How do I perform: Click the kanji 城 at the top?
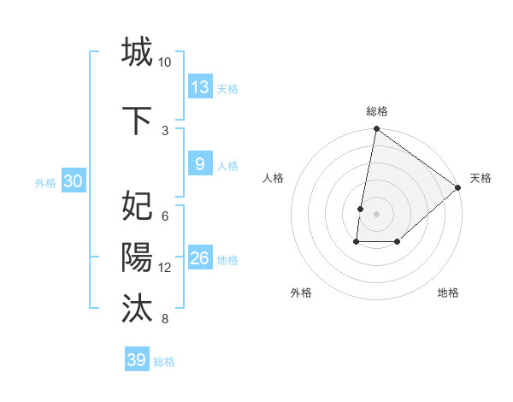click(137, 52)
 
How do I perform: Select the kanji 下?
click(137, 120)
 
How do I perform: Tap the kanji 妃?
click(137, 207)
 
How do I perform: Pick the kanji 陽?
click(137, 257)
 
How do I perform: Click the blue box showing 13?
click(200, 86)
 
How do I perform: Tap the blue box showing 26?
click(200, 257)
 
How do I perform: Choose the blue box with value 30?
click(73, 181)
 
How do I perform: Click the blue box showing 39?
click(137, 360)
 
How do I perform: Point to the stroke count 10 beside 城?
click(165, 62)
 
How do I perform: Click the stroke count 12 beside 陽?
click(165, 268)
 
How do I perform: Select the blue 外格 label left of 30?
click(45, 182)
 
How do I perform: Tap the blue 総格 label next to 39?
click(165, 362)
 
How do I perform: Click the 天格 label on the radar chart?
click(481, 178)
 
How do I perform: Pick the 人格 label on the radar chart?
click(274, 178)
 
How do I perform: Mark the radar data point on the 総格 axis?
click(376, 130)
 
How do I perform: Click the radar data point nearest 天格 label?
click(458, 188)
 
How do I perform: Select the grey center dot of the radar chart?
click(376, 214)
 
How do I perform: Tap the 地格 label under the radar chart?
click(448, 293)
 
